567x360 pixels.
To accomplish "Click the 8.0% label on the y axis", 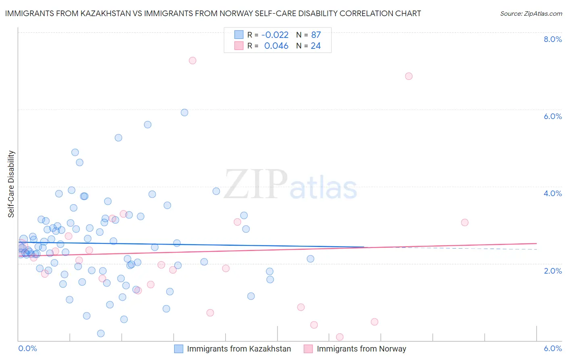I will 552,39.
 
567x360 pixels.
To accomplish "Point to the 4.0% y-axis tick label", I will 552,193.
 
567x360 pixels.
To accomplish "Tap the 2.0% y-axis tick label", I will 552,271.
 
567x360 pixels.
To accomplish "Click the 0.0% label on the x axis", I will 27,348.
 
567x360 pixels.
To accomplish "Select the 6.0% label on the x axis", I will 552,348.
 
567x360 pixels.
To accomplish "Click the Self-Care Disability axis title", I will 11,184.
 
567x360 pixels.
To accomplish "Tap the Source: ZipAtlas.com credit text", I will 531,14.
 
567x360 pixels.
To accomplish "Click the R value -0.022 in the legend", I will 275,35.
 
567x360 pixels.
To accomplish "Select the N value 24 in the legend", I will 316,46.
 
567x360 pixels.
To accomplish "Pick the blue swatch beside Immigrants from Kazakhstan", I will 179,349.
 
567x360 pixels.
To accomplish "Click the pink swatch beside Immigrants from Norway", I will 309,349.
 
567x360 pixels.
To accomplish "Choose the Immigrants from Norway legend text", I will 361,349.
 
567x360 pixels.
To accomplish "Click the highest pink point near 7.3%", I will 192,61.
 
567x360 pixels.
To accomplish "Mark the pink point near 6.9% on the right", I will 409,76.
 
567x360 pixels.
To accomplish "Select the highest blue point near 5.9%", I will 184,113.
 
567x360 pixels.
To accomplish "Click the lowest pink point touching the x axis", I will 340,337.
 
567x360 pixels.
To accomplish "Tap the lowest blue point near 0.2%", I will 101,333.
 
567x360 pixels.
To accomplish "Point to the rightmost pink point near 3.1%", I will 465,222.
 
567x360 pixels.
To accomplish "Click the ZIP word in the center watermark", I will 256,185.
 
